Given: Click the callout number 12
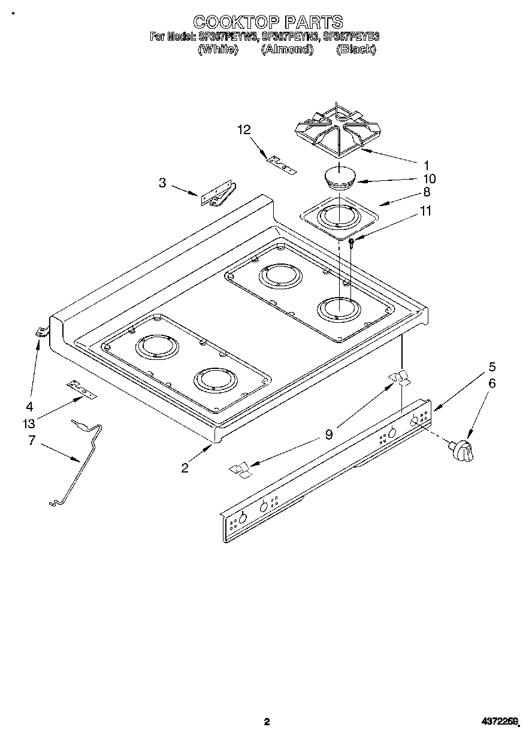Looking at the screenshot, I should (243, 129).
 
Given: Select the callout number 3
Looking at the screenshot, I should (162, 183).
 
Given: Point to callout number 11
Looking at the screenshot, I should (426, 211).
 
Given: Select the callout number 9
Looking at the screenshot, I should (328, 435).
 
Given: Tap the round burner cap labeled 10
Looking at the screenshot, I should (340, 178).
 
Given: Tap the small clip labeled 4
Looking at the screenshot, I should (41, 332).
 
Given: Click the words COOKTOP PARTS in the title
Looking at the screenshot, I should (267, 22).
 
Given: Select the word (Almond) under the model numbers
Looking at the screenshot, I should (288, 50).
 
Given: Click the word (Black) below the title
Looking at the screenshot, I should (356, 50).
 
